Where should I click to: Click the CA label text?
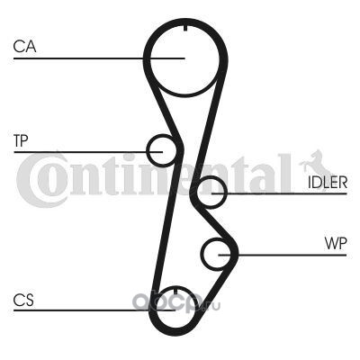click(24, 47)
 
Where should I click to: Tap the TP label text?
click(21, 140)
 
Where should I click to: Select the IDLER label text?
click(328, 182)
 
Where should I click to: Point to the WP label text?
click(336, 243)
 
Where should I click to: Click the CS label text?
click(23, 300)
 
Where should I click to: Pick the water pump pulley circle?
click(202, 255)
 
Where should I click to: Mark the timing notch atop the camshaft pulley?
click(184, 28)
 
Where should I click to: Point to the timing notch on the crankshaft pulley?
click(175, 291)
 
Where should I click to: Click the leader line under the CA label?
click(99, 58)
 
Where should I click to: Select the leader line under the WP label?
click(283, 256)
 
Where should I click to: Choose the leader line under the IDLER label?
click(279, 193)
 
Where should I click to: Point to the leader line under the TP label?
click(88, 152)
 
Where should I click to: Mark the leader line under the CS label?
click(94, 310)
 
